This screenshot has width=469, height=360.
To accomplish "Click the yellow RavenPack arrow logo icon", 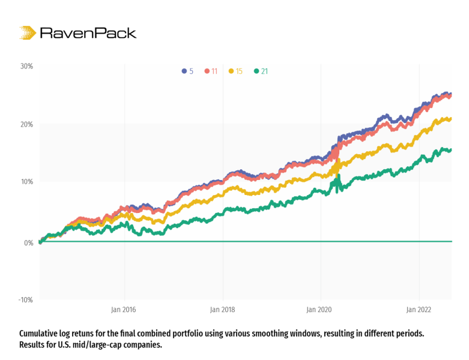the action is point(28,32).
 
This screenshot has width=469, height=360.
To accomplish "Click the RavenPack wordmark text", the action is point(88,33).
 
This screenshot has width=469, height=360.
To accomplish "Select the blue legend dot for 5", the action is point(184,71).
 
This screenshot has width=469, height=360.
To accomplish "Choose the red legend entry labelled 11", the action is point(211,71).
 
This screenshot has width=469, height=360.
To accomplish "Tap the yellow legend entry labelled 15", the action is point(235,71).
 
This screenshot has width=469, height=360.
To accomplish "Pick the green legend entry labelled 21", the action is point(261,71).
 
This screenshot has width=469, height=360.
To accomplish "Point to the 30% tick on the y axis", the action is point(26,67).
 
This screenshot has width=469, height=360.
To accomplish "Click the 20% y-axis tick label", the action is point(26,124).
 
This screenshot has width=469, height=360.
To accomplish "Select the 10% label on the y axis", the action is point(27,182).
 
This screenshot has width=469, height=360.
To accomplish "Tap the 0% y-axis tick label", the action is point(29,243).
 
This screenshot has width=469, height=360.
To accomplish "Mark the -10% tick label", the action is point(26,299).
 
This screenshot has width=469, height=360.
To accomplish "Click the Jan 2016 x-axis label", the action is point(124,310).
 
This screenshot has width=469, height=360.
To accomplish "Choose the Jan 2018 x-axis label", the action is point(223,310).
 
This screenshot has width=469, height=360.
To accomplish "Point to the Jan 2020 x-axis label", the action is point(319,310).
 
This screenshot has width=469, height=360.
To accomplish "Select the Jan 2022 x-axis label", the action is point(419,310).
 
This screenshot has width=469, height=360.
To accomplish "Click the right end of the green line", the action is point(451,150).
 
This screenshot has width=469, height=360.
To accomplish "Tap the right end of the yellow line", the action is point(451,119).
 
